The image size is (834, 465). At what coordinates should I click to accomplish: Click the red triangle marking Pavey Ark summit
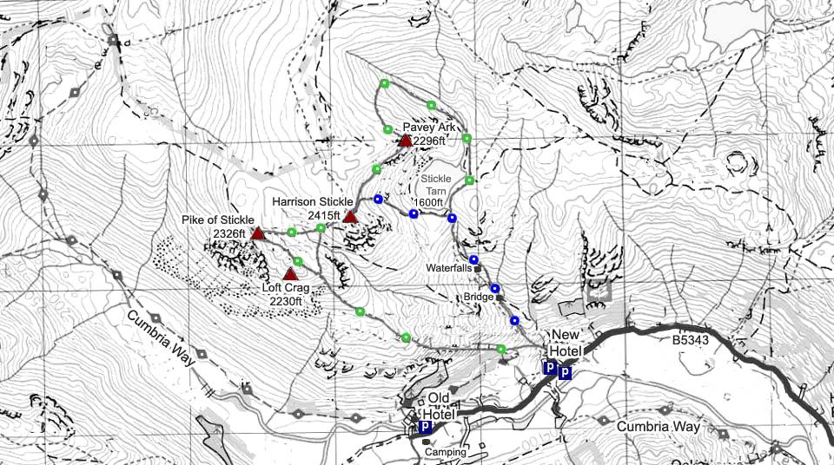pyautogui.click(x=405, y=140)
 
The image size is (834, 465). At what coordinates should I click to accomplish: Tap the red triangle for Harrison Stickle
pyautogui.click(x=350, y=217)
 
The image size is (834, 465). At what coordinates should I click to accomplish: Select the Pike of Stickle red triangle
pyautogui.click(x=257, y=233)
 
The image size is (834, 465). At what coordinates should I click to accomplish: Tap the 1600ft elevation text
pyautogui.click(x=429, y=203)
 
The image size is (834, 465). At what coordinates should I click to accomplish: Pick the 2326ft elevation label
pyautogui.click(x=229, y=232)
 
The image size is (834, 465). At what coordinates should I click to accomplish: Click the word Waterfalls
pyautogui.click(x=448, y=268)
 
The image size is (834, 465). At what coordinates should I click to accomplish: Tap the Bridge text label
pyautogui.click(x=478, y=297)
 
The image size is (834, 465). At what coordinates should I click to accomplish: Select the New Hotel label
pyautogui.click(x=565, y=342)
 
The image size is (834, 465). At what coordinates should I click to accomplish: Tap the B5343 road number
pyautogui.click(x=690, y=341)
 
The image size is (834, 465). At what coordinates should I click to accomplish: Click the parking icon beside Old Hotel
pyautogui.click(x=426, y=428)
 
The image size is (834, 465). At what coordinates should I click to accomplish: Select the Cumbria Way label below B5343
pyautogui.click(x=658, y=427)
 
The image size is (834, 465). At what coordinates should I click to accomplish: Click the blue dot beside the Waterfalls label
pyautogui.click(x=473, y=259)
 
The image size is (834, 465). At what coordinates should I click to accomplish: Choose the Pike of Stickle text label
pyautogui.click(x=218, y=219)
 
